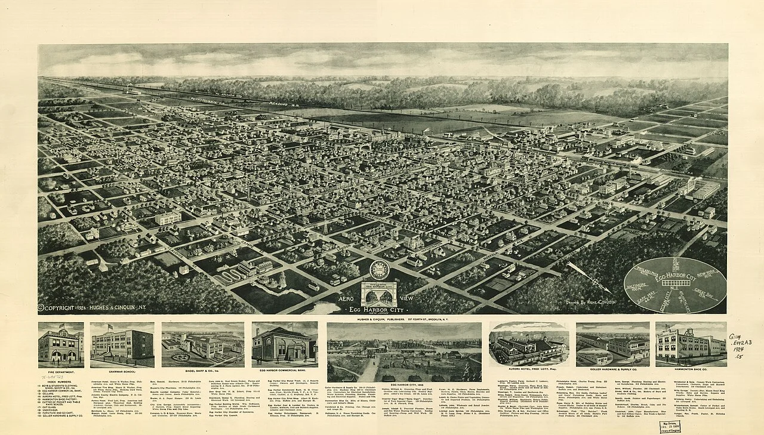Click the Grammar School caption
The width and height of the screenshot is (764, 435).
(121, 371)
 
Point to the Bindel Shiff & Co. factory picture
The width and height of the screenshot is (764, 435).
(202, 344)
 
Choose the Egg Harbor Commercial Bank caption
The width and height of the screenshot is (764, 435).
(284, 371)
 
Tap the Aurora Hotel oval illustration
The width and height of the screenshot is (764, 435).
(528, 344)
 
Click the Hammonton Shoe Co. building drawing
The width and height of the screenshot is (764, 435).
(691, 344)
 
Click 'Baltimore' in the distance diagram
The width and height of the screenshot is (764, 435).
(641, 286)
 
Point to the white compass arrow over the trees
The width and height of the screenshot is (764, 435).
(588, 277)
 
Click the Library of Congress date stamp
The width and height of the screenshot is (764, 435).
(670, 427)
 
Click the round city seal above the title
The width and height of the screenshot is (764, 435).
(379, 270)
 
